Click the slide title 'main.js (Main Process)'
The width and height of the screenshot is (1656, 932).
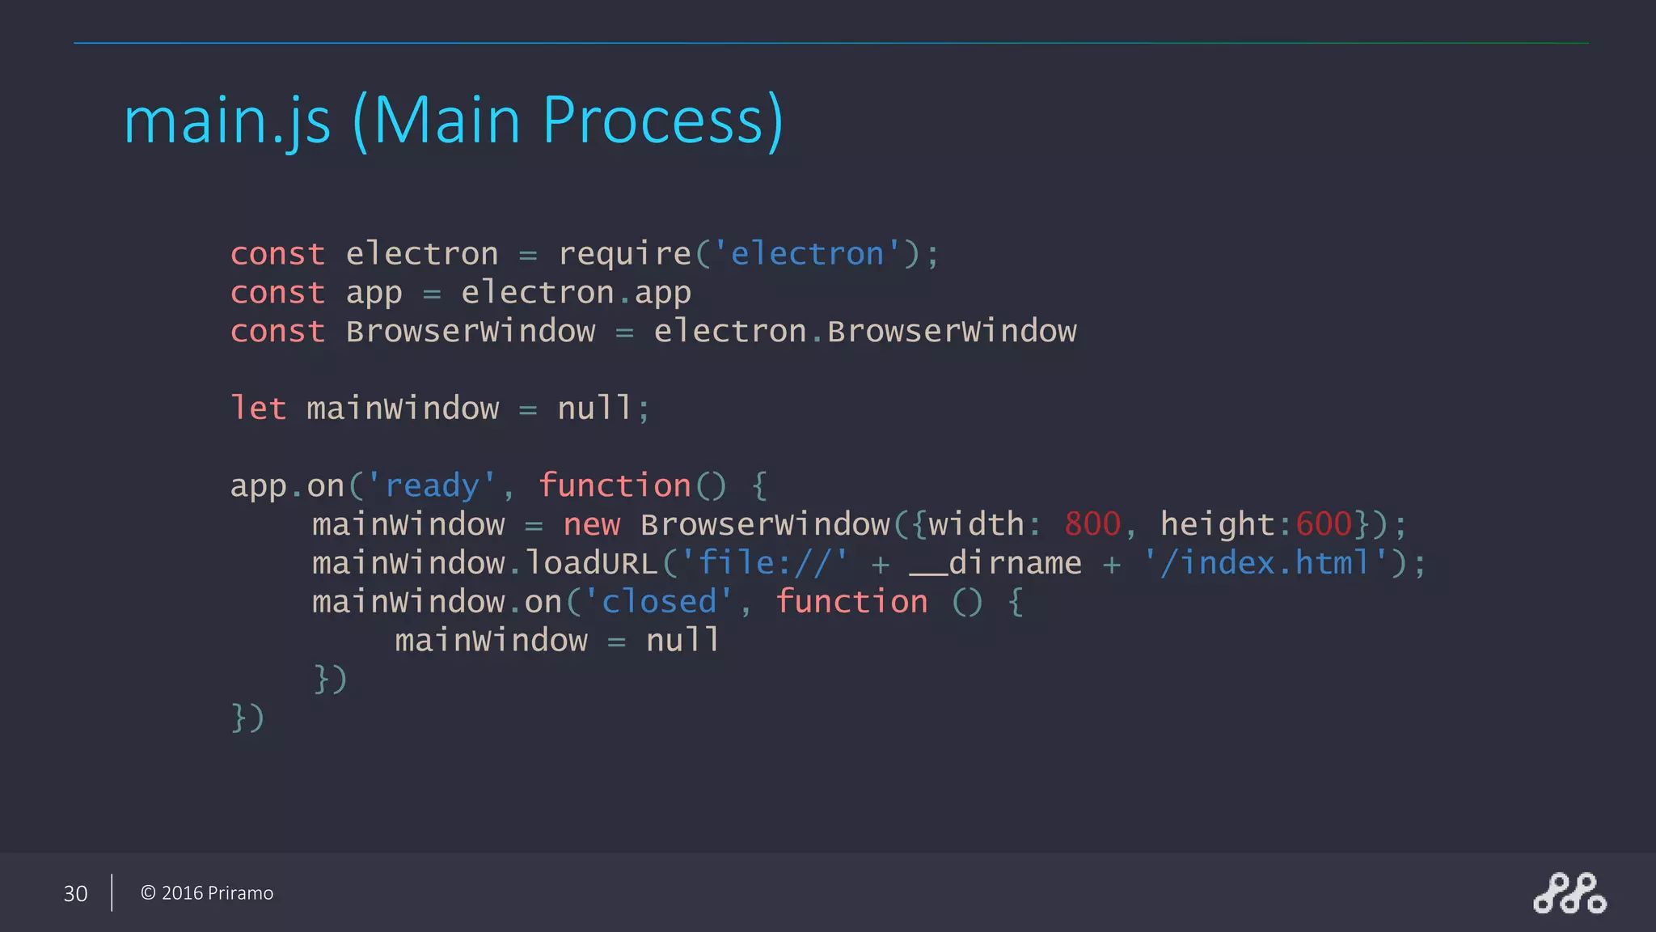(453, 121)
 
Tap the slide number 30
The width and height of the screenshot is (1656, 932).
(75, 893)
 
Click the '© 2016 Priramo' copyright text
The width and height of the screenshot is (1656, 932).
(207, 893)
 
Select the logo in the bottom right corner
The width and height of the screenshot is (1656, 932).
(1569, 893)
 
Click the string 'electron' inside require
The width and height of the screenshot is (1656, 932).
(806, 254)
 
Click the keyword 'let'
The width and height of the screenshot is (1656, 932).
(258, 409)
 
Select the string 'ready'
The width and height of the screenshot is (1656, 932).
(432, 486)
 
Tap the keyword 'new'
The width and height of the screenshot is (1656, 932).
(591, 525)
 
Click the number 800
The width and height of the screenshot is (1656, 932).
(1092, 525)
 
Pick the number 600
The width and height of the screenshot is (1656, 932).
(1324, 525)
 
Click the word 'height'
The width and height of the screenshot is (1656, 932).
(1218, 525)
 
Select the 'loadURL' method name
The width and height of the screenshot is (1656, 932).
(591, 563)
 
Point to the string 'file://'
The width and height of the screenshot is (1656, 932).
(764, 563)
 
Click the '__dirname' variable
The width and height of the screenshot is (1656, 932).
(995, 563)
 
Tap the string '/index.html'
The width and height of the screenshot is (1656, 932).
(1265, 563)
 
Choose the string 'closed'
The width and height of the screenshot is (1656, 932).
(658, 602)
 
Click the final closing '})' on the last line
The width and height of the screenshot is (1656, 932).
(247, 718)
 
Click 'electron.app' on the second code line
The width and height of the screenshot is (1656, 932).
(576, 293)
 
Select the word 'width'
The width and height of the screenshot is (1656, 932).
(976, 525)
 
